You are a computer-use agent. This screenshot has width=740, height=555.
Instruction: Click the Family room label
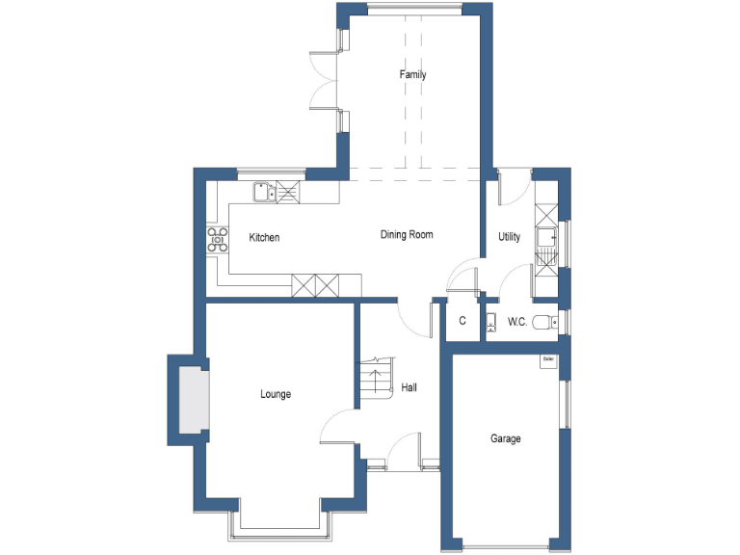413,75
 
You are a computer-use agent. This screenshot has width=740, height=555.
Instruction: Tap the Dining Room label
407,234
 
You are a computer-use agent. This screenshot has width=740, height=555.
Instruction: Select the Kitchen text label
264,238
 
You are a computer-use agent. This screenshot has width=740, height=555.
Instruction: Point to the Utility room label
510,237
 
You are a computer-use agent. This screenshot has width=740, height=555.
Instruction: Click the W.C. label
516,322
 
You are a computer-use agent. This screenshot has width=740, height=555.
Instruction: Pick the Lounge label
276,394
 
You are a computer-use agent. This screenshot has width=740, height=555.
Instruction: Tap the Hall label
410,387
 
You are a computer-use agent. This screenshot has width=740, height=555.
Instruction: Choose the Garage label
506,439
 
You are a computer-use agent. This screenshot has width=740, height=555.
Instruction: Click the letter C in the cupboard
462,322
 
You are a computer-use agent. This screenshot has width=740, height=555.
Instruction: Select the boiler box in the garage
548,360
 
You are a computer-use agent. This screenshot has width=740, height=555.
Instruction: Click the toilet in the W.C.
545,322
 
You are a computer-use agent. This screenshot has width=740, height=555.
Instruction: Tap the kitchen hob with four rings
217,239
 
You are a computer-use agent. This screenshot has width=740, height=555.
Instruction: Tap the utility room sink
546,234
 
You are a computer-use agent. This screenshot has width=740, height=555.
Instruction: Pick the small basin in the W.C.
489,321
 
